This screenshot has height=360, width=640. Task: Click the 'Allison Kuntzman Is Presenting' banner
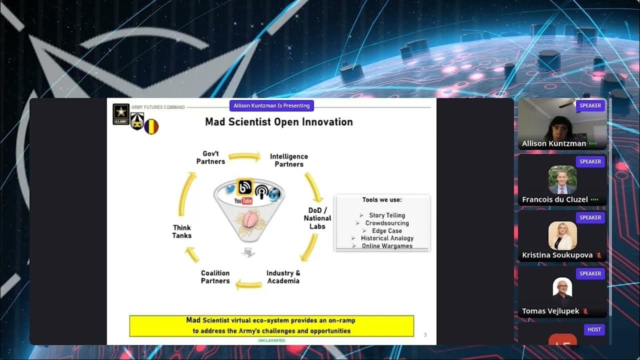[x=271, y=105]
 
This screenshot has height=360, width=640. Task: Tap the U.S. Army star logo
[x=121, y=114]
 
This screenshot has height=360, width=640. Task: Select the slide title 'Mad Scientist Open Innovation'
[x=279, y=122]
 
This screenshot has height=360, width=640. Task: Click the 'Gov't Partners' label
[x=210, y=157]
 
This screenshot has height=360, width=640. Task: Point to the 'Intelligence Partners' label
[x=289, y=160]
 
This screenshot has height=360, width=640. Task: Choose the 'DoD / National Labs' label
[x=317, y=218]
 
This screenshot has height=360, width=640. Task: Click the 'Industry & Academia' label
[x=283, y=277]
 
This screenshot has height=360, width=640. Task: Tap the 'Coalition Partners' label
[x=215, y=277]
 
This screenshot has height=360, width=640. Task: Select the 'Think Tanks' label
[x=181, y=231]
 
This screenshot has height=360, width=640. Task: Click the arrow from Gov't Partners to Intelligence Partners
[x=244, y=156]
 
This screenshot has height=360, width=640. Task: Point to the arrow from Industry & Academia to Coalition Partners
[x=248, y=284]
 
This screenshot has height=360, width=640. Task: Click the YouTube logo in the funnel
[x=243, y=201]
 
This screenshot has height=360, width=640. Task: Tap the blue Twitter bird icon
[x=230, y=189]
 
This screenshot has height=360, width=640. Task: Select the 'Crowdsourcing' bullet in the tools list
[x=386, y=223]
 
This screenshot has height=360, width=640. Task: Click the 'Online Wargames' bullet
[x=387, y=246]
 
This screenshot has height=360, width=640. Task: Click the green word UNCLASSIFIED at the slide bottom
[x=271, y=340]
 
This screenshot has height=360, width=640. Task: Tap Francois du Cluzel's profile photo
[x=562, y=179]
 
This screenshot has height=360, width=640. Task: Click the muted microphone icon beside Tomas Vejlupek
[x=585, y=311]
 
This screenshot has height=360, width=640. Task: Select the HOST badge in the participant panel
[x=594, y=329]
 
